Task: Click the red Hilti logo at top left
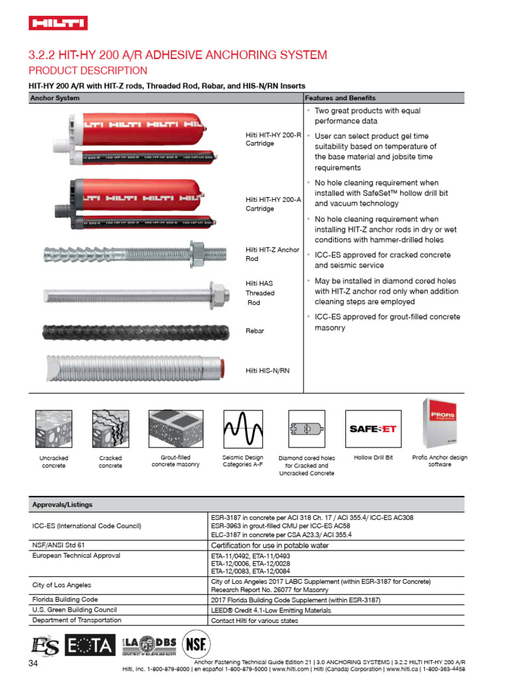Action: click(x=58, y=23)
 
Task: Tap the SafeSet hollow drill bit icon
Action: click(x=373, y=429)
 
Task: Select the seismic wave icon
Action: click(x=242, y=429)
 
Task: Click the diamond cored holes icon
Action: click(x=306, y=429)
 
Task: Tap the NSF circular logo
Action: click(x=197, y=643)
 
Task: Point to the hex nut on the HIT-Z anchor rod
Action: click(x=199, y=252)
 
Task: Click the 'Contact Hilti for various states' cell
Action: click(x=254, y=620)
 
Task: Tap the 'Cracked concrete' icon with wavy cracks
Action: click(x=110, y=429)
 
